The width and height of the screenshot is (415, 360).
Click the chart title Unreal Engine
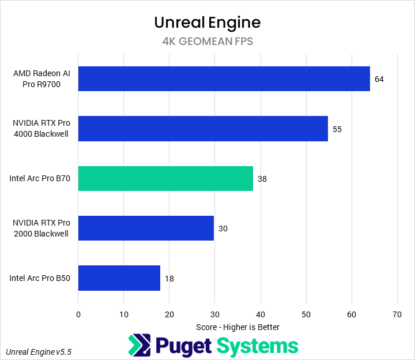(x=207, y=22)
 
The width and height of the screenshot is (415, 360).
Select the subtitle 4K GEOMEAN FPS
(x=207, y=42)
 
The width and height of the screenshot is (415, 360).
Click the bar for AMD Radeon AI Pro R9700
(x=224, y=79)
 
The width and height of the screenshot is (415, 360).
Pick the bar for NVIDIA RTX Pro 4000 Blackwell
(x=203, y=129)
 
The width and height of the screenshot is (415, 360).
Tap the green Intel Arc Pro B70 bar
(x=165, y=178)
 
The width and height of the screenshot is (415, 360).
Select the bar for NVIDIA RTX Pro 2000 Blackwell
(x=146, y=228)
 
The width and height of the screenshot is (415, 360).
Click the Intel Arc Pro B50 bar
(x=119, y=278)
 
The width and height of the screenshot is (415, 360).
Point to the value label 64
(x=379, y=80)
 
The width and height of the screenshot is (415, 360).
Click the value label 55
(x=337, y=129)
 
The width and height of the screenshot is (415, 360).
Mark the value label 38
(x=262, y=179)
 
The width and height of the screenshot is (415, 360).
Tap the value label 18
(x=169, y=279)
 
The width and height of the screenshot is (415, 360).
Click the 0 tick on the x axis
(x=78, y=314)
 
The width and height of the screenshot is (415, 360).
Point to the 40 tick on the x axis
(x=261, y=314)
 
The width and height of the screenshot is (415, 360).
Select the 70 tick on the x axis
(x=397, y=314)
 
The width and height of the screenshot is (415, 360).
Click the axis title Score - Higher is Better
(x=237, y=327)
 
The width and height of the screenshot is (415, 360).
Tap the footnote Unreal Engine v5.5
(x=39, y=351)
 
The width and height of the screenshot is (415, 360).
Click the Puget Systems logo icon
(x=139, y=346)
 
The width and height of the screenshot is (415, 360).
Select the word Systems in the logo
(x=258, y=346)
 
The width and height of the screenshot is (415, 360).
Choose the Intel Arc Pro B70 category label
(x=40, y=179)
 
